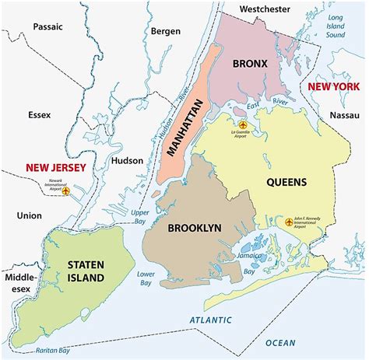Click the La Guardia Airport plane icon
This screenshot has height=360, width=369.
[242, 124]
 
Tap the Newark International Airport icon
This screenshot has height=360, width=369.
[66, 190]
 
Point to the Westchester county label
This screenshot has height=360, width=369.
[265, 9]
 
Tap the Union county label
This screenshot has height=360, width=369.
[30, 214]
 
